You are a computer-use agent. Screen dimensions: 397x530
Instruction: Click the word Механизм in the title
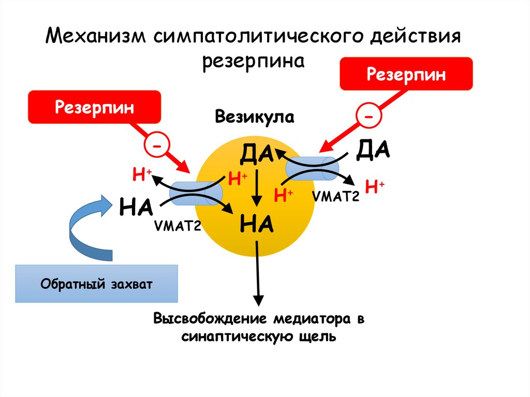(94, 38)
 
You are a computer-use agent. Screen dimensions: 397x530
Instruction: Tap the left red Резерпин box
(94, 108)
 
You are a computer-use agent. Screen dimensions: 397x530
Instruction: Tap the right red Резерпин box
(406, 74)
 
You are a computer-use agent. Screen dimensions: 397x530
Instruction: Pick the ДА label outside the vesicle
(373, 151)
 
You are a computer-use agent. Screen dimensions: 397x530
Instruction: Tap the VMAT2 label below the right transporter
(335, 196)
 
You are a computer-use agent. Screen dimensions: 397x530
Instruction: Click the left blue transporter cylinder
(196, 192)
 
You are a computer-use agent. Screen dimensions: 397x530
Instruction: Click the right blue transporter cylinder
(312, 167)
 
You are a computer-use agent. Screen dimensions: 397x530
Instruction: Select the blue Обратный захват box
(97, 284)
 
